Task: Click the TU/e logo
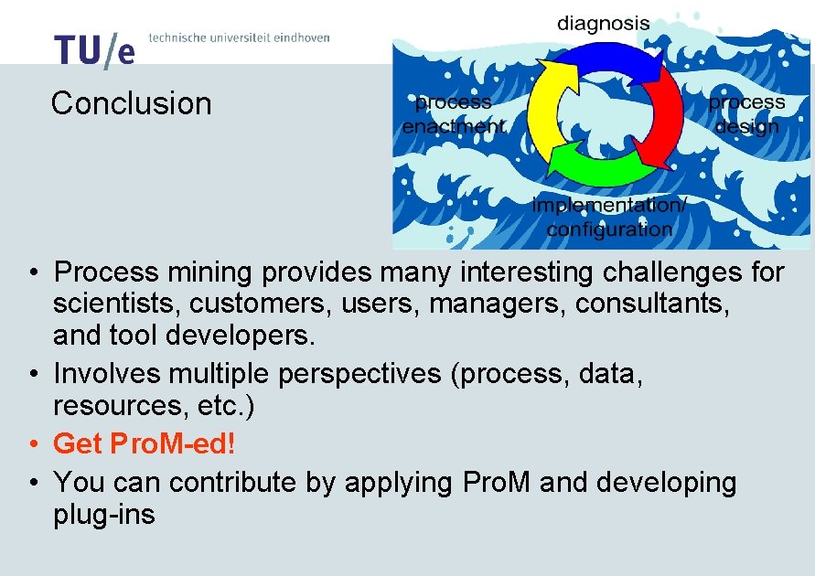tap(94, 50)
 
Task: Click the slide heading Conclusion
tap(131, 103)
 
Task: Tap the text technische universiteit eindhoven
tap(238, 37)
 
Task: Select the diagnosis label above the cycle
tap(604, 24)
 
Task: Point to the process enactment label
tap(453, 114)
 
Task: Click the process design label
tap(746, 114)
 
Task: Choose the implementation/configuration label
tap(608, 218)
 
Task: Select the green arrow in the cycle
tap(595, 169)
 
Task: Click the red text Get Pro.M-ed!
tap(145, 444)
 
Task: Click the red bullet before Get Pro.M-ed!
tap(32, 445)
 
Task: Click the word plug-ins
tap(104, 515)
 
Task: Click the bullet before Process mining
tap(32, 273)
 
